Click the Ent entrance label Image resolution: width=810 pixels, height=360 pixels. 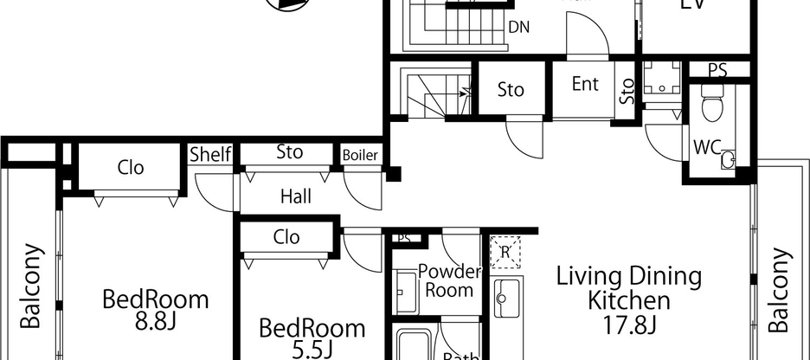585,84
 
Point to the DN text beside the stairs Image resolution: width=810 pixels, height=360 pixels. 519,27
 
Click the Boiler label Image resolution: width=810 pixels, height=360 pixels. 360,155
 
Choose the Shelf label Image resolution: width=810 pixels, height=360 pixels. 211,155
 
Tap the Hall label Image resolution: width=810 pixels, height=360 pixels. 295,196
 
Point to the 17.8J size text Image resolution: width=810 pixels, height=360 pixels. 628,325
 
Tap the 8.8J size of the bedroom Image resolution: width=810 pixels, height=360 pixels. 156,324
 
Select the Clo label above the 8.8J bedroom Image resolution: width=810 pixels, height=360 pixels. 131,168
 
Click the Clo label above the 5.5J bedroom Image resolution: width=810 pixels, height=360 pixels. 286,236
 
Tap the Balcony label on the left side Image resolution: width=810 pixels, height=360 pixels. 31,286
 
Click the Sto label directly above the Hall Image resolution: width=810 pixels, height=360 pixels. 289,152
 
